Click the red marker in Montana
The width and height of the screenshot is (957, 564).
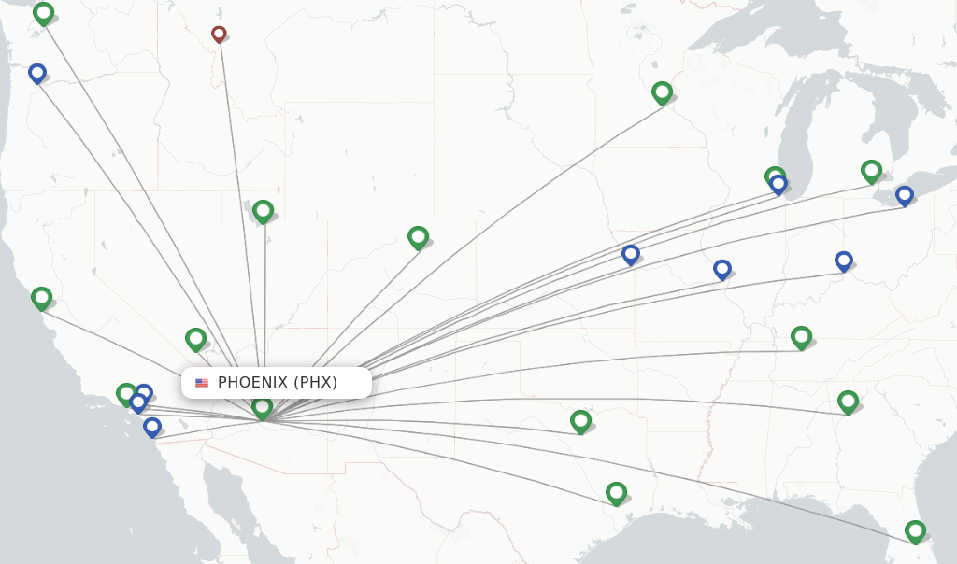click(219, 35)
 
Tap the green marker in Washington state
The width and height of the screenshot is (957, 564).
click(43, 13)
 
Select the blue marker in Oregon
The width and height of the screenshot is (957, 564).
click(37, 73)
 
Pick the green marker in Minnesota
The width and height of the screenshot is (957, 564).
click(662, 92)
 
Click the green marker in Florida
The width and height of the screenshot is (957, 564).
click(915, 531)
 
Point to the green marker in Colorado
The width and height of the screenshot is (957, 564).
click(418, 237)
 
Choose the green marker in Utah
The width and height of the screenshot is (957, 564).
click(263, 211)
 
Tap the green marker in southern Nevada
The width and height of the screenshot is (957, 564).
click(195, 338)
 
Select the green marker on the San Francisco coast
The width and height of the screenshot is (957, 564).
click(41, 298)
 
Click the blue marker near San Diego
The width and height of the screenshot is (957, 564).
click(152, 427)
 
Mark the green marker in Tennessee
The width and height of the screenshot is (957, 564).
click(801, 337)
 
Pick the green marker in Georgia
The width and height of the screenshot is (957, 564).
click(848, 402)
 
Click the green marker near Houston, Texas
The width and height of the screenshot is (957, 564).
click(615, 492)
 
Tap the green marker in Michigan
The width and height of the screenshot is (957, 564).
click(871, 171)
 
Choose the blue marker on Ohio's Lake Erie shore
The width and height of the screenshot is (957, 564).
click(904, 196)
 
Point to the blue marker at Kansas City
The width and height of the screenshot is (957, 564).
click(631, 254)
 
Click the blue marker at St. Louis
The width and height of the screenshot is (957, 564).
click(721, 270)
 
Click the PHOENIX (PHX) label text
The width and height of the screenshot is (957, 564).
click(278, 382)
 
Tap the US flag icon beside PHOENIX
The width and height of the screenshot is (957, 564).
click(202, 383)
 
